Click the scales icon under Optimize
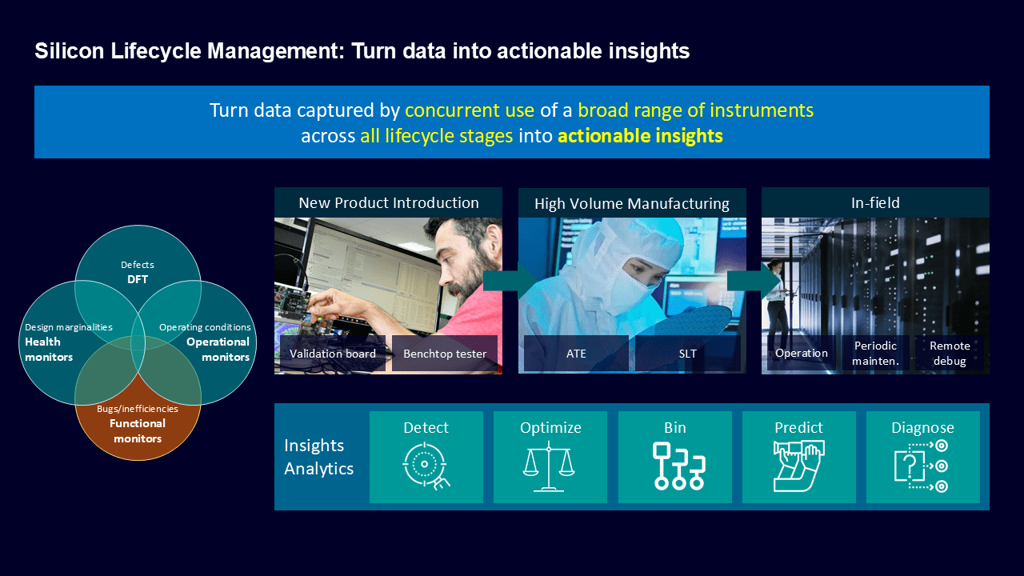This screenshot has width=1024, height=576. click(549, 466)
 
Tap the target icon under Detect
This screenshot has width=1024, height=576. click(426, 466)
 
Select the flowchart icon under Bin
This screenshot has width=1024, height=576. click(679, 466)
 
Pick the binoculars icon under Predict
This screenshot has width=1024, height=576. click(798, 466)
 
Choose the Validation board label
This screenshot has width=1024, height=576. click(333, 354)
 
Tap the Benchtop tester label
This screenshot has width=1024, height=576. click(445, 354)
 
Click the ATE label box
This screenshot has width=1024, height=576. click(576, 354)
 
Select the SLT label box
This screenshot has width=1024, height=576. click(687, 354)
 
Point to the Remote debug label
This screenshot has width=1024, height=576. click(950, 353)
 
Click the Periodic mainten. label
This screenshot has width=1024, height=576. click(875, 353)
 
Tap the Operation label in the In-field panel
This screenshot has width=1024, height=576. click(802, 353)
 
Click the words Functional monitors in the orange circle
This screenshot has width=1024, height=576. click(138, 430)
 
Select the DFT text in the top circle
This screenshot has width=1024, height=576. click(138, 279)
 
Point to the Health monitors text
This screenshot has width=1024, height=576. click(49, 350)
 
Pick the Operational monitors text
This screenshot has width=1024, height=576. click(218, 350)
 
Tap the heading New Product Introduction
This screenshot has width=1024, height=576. click(389, 202)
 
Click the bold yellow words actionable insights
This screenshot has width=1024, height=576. click(640, 136)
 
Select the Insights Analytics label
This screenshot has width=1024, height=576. click(318, 457)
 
